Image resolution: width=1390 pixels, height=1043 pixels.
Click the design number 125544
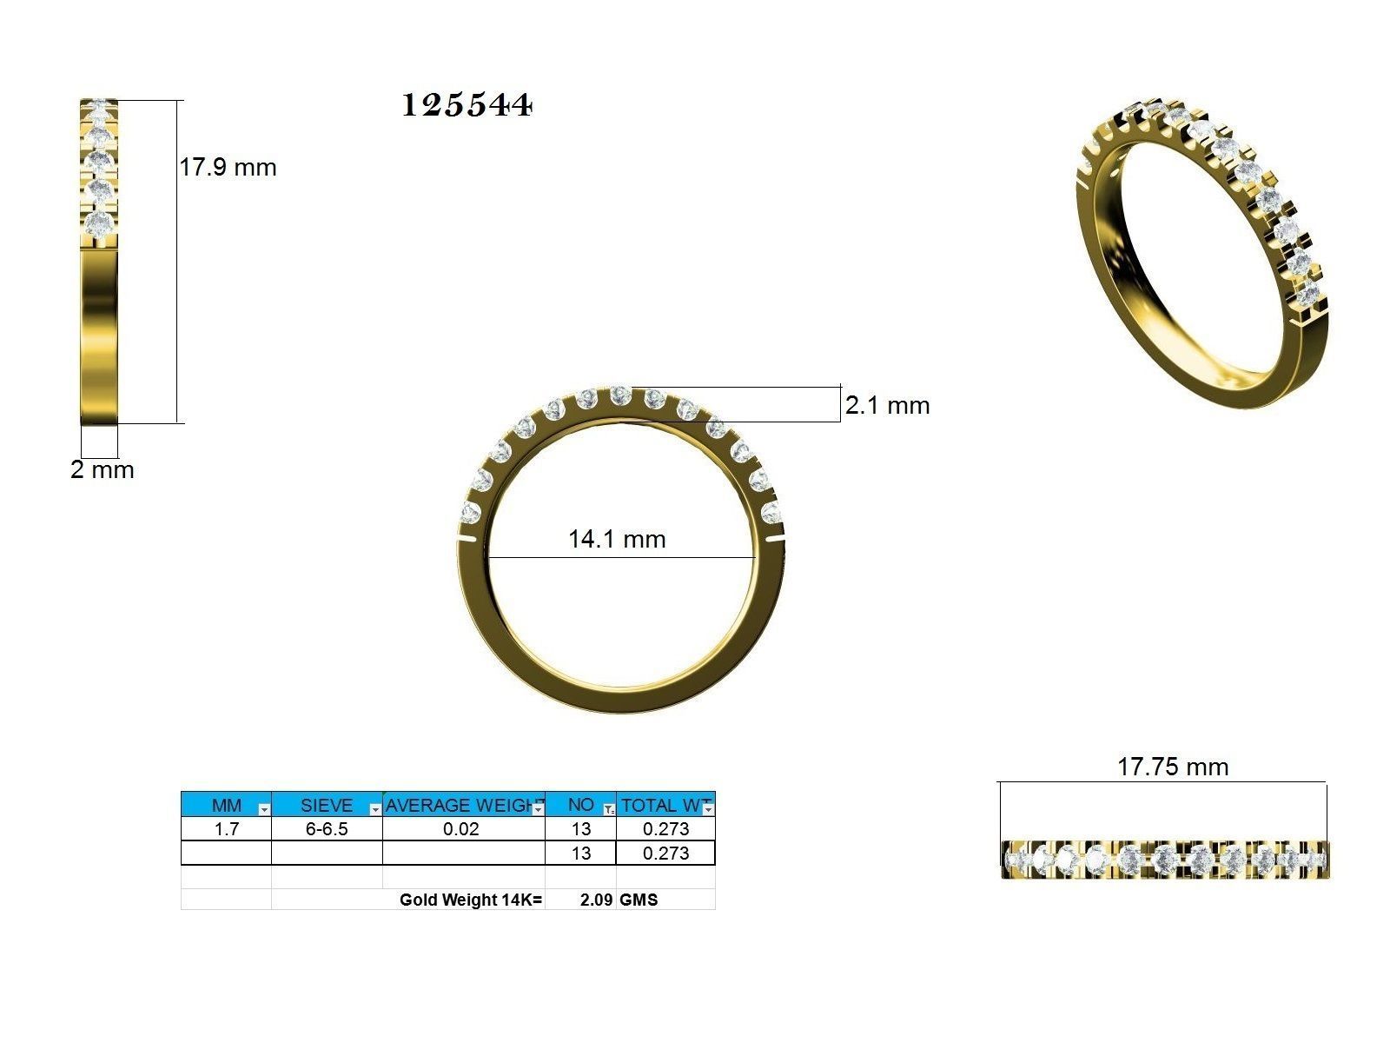(467, 105)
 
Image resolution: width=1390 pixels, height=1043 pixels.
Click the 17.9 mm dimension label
(228, 167)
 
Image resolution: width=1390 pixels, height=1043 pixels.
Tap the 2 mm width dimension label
(103, 470)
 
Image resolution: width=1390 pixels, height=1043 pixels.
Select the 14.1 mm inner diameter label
(617, 539)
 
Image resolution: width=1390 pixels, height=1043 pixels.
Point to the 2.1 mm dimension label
(887, 405)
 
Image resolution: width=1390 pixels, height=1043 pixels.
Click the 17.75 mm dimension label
(1172, 767)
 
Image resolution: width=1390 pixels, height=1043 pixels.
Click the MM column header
(226, 805)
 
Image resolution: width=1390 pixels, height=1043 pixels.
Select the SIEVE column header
(326, 805)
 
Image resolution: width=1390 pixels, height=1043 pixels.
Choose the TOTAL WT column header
(662, 805)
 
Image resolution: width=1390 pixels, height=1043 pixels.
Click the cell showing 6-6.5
(327, 829)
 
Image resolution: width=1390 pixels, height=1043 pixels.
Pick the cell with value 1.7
(226, 829)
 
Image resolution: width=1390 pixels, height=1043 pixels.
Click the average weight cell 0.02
(460, 829)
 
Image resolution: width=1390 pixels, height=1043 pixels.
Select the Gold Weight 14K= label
(471, 900)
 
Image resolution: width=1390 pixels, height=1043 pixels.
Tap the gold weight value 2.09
(597, 900)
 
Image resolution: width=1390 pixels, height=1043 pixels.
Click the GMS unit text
(639, 900)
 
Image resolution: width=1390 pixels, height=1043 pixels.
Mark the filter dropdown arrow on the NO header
(609, 809)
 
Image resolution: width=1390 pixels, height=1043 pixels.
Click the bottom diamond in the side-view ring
(101, 223)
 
